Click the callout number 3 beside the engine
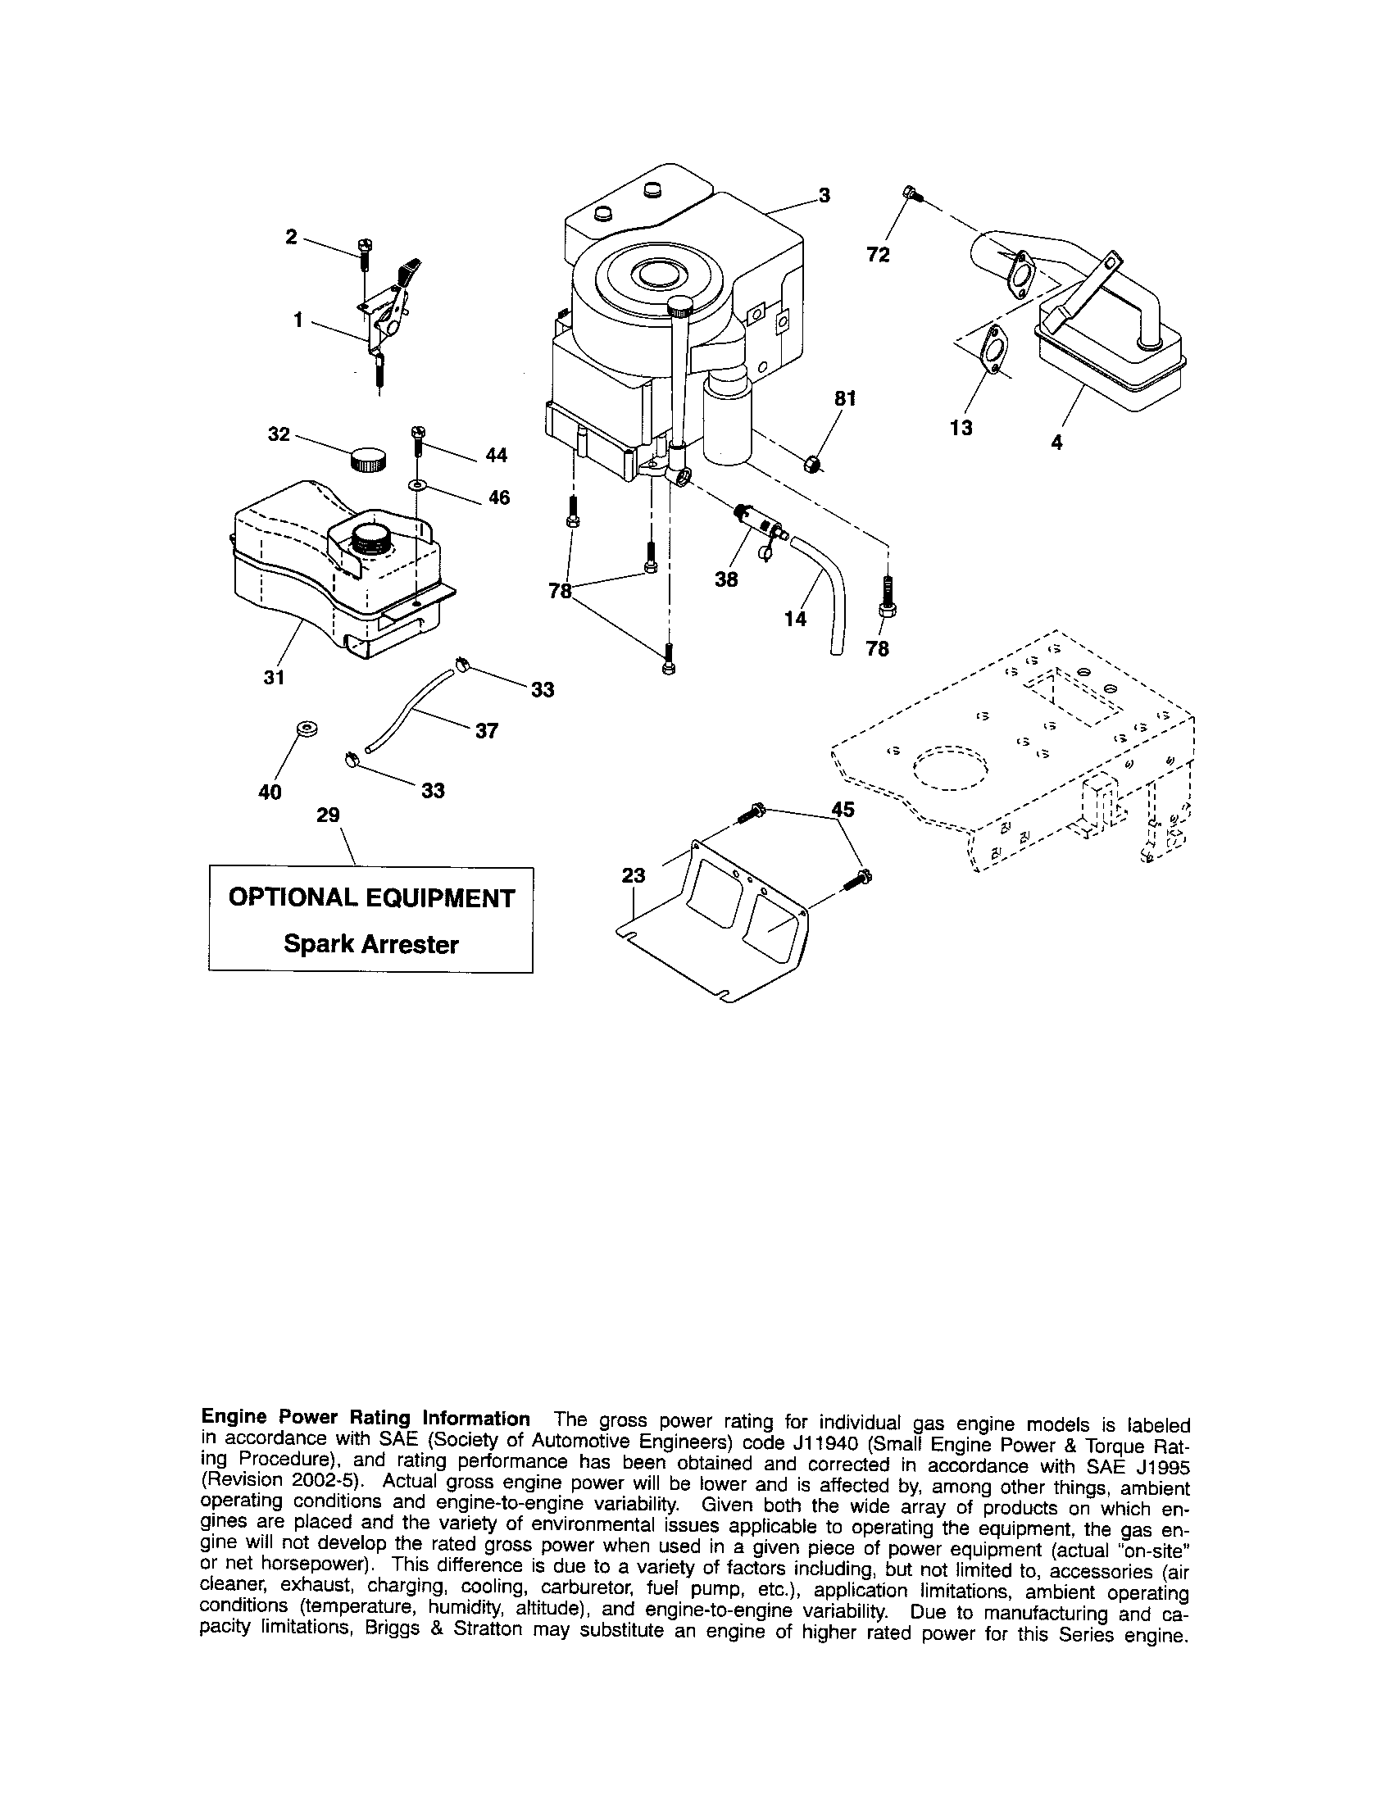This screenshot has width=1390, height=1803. pyautogui.click(x=824, y=196)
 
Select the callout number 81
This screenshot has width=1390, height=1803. pyautogui.click(x=845, y=399)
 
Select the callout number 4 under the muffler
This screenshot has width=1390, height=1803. pyautogui.click(x=1056, y=443)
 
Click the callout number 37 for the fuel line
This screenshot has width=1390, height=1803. pyautogui.click(x=486, y=730)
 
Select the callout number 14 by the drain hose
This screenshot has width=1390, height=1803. pyautogui.click(x=795, y=617)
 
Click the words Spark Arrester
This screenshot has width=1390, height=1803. pyautogui.click(x=370, y=944)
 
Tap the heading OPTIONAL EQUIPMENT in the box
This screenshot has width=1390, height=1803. pyautogui.click(x=370, y=898)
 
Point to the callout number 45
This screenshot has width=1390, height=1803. pyautogui.click(x=843, y=810)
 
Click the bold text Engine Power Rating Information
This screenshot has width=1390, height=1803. pyautogui.click(x=366, y=1419)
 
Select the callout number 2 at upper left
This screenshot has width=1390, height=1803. pyautogui.click(x=291, y=237)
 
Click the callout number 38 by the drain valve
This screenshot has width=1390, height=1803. pyautogui.click(x=726, y=579)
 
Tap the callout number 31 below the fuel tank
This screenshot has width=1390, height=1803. pyautogui.click(x=274, y=677)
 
